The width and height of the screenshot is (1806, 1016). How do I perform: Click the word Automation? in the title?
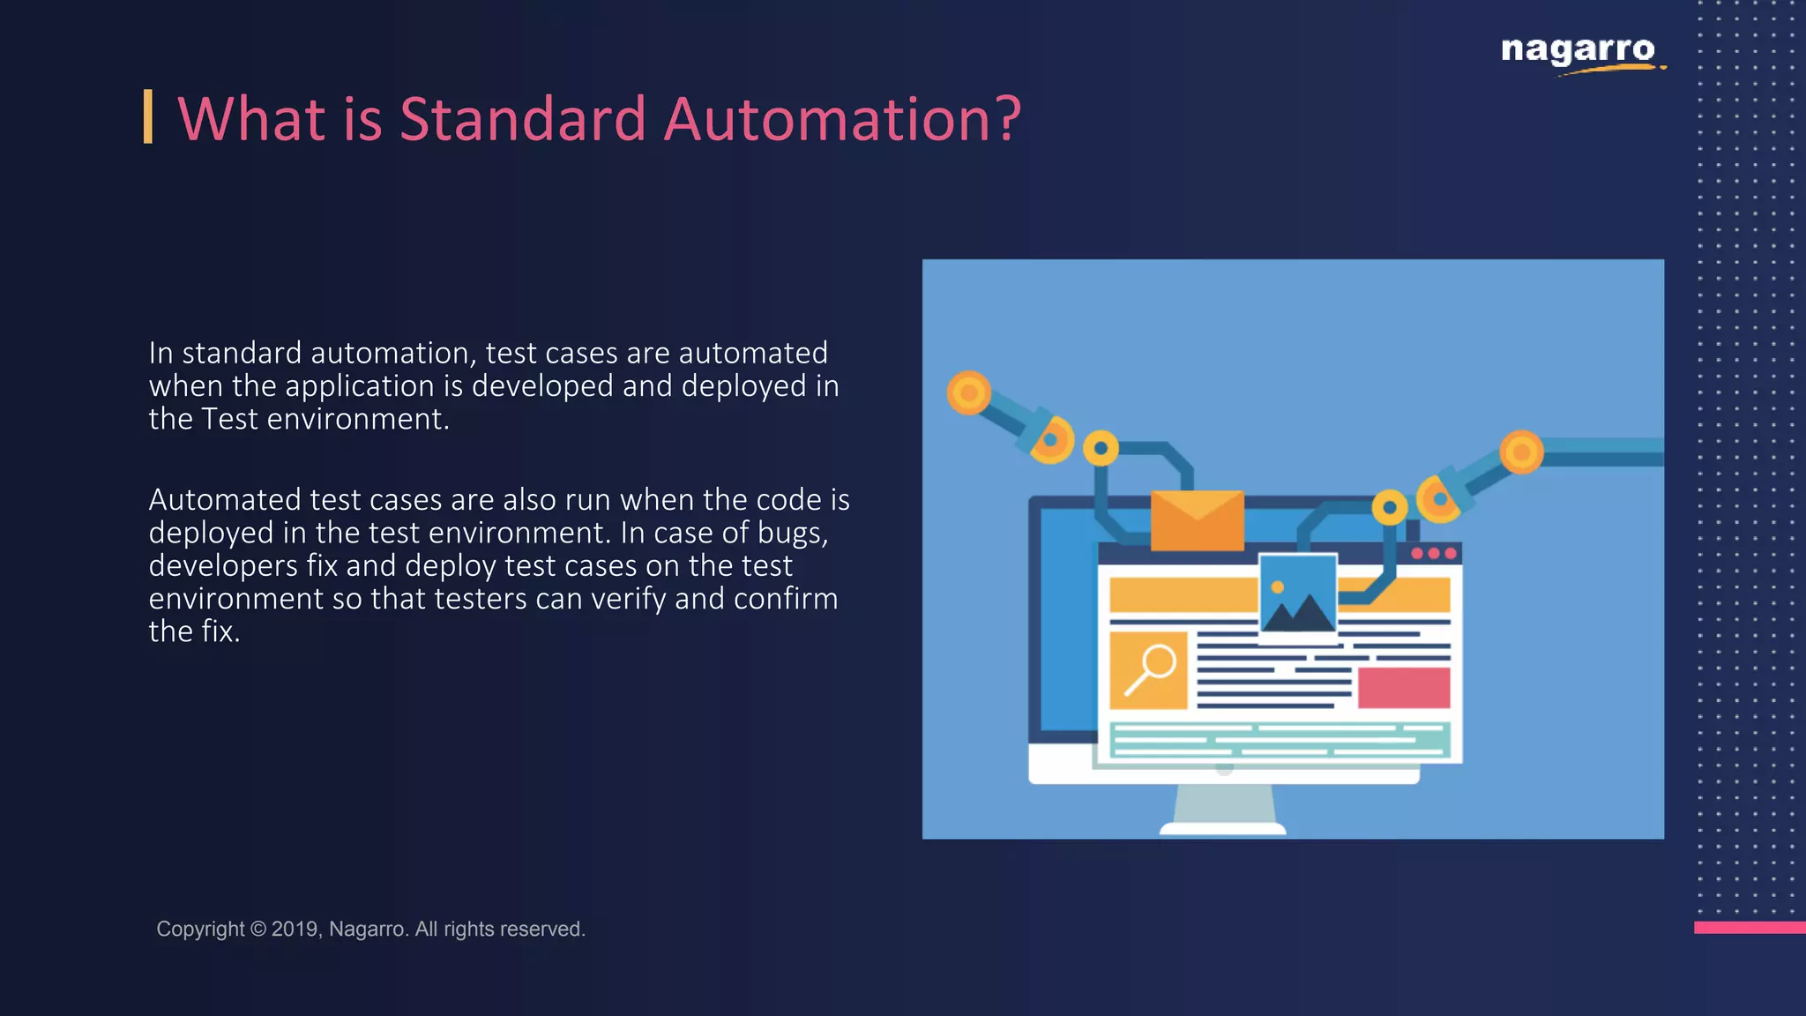pos(842,119)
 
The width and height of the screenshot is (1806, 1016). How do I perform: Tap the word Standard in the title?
pos(522,119)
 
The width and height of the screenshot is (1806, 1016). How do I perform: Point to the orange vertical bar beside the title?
pos(148,116)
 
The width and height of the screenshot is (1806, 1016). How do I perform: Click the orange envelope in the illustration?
pos(1197,520)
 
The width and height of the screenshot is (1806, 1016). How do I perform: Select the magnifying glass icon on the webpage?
pos(1148,670)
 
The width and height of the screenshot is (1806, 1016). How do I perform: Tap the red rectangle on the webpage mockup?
pos(1403,688)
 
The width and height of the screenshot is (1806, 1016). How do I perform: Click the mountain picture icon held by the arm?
pos(1297,595)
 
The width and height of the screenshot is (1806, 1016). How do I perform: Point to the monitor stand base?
pos(1223,827)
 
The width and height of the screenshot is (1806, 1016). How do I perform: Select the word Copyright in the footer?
pos(200,929)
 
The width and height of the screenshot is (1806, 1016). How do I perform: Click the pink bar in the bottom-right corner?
pos(1749,927)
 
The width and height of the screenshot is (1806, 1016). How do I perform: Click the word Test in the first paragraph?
pos(230,419)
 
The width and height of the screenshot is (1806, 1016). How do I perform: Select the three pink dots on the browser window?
pos(1433,553)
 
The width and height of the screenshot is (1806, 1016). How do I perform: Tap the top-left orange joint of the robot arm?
pos(968,392)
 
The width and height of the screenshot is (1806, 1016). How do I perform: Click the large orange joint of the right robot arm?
pos(1521,452)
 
